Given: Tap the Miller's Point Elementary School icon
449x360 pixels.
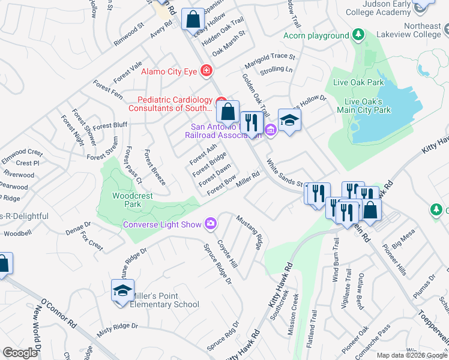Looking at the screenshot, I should point(122,292).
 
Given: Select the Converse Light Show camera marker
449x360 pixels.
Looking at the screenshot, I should point(210,224).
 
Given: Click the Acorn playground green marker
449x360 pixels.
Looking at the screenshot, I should point(358,35).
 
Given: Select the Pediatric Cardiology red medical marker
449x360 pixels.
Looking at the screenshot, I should point(221,101).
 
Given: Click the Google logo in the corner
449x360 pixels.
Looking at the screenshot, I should point(20,352).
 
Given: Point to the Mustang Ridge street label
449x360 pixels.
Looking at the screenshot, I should point(249,232).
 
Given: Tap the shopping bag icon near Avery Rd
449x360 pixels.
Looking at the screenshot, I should point(193,20).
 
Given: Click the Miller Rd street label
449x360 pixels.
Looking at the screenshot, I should point(247,179).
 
